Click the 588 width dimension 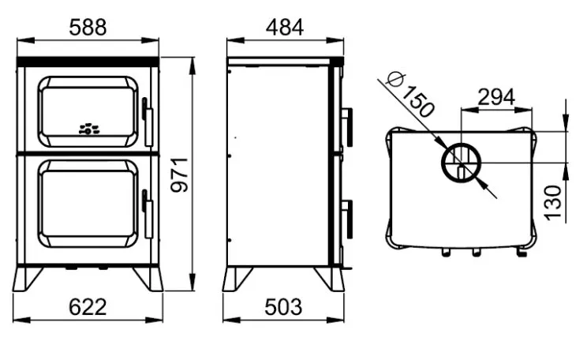[x=88, y=28]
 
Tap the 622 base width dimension [x=88, y=307]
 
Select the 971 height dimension [x=180, y=175]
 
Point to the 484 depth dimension [x=285, y=28]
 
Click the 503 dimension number [x=283, y=307]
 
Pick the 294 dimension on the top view [x=496, y=97]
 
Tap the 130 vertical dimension [x=553, y=203]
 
